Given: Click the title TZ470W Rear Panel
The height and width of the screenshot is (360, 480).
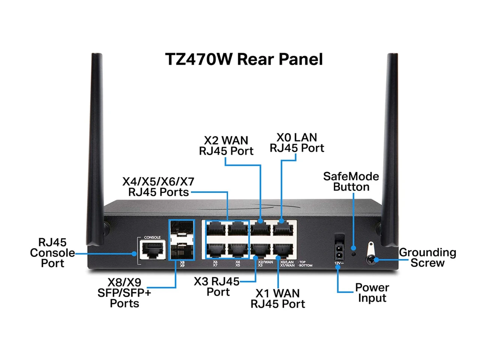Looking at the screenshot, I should [244, 59].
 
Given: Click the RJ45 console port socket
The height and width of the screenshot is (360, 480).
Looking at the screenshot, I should [152, 249].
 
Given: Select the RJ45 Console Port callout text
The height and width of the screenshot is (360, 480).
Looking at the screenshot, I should [52, 253].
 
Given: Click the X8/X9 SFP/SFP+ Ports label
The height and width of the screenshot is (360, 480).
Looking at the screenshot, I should [124, 292].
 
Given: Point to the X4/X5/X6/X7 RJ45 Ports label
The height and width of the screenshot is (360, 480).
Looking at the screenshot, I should [158, 187].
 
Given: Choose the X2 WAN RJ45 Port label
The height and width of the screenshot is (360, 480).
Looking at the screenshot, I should [226, 145].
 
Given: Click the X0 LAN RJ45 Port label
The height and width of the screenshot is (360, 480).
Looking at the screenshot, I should [297, 142].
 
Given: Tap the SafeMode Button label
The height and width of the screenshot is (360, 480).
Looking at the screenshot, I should [351, 181].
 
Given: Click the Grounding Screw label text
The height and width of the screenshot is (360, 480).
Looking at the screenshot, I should [427, 258].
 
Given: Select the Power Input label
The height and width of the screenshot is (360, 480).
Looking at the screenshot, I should [372, 292].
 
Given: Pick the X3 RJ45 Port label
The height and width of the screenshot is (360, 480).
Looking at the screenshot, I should [217, 286].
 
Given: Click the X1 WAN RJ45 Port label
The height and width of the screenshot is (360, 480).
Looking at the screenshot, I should [277, 298].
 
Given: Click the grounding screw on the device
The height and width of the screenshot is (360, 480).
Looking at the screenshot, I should [371, 259].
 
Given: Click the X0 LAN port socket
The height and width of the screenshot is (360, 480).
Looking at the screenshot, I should [283, 228].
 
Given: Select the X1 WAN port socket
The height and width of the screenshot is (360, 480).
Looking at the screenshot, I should [283, 249].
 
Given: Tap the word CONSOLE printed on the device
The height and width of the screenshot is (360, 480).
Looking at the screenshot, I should [152, 237].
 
